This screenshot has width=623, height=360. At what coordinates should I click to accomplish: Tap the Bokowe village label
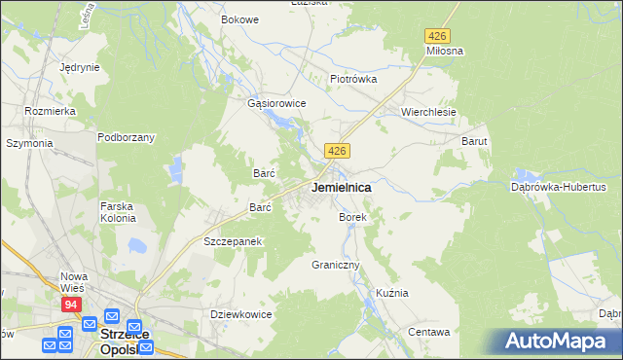[239, 19]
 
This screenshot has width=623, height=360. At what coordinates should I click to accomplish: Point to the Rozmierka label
[51, 111]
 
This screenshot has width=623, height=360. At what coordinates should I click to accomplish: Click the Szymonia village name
[29, 143]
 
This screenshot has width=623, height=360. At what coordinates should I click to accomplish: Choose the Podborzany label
[126, 137]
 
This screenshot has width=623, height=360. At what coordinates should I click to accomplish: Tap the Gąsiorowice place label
[277, 103]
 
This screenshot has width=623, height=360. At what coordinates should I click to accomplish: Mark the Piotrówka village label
[352, 79]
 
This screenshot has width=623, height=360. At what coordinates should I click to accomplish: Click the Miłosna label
[444, 50]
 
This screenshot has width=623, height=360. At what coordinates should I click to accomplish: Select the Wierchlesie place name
[428, 112]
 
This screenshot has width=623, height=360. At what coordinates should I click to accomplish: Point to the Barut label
[474, 141]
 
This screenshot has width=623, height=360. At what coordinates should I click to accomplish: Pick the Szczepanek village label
[234, 240]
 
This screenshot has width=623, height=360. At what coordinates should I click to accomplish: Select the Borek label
[352, 218]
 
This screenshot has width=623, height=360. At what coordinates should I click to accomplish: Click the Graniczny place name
[336, 265]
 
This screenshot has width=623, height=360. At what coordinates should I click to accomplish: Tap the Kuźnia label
[391, 293]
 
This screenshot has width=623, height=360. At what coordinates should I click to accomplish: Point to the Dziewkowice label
[241, 314]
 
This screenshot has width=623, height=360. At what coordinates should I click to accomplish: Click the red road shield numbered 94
[71, 305]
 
